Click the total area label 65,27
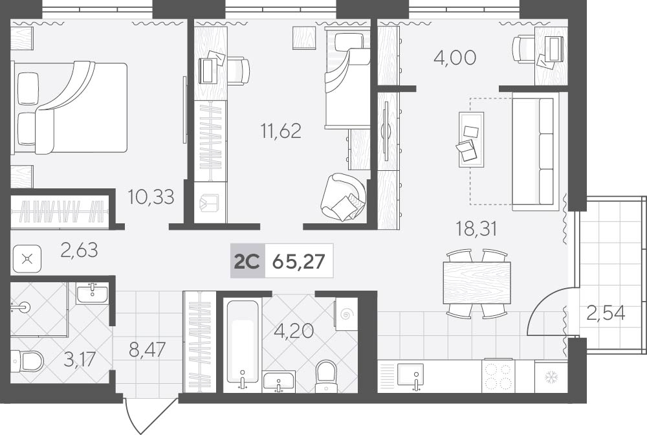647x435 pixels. (x=299, y=262)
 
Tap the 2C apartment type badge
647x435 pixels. (x=247, y=262)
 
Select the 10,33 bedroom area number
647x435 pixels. (x=151, y=197)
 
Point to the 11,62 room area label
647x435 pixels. (x=281, y=131)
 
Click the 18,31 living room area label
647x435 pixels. (x=476, y=229)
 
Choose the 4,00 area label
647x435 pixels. (x=455, y=58)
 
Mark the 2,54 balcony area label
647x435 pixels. (x=606, y=313)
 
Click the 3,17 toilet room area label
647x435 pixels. (x=80, y=359)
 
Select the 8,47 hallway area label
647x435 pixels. (x=148, y=350)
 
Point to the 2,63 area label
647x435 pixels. (x=79, y=250)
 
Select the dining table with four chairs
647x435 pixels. (x=477, y=284)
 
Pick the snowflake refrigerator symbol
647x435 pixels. (x=551, y=377)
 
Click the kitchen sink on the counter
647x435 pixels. (x=410, y=375)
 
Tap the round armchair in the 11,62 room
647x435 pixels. (x=344, y=196)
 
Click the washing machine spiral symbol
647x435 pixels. (x=346, y=315)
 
